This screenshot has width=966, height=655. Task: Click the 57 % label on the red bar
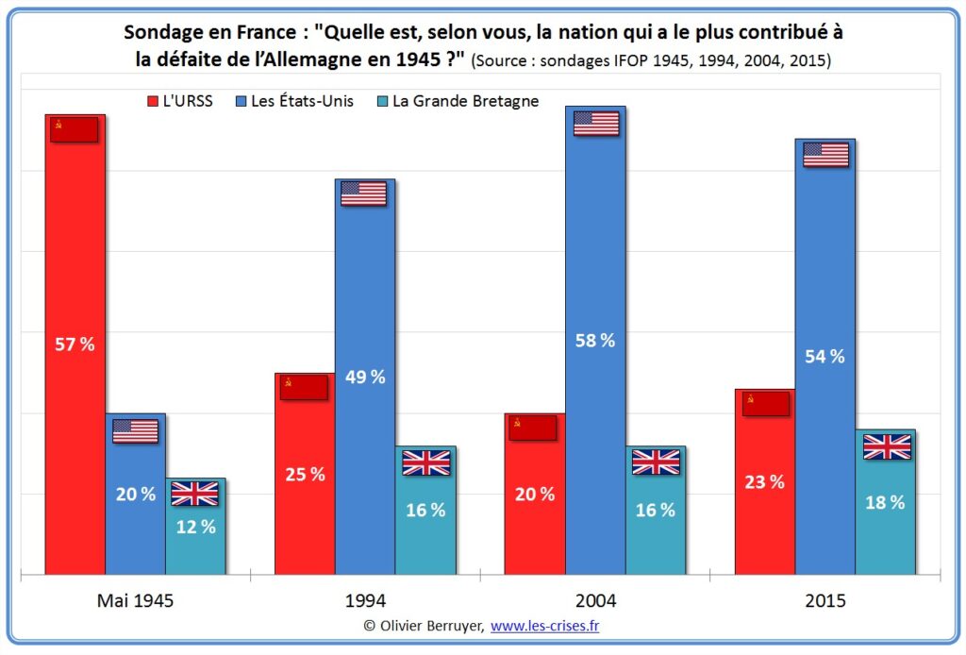(x=75, y=344)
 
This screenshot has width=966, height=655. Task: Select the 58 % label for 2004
(x=594, y=341)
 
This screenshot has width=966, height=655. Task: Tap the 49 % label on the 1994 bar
(x=365, y=377)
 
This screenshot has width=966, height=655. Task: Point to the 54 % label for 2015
(x=824, y=357)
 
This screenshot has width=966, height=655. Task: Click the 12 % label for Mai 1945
(x=195, y=527)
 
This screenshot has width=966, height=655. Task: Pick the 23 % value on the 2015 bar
(x=764, y=481)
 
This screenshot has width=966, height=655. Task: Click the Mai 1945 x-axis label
(x=135, y=600)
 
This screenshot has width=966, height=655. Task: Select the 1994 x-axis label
(x=365, y=600)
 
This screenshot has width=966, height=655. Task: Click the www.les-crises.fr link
(x=544, y=625)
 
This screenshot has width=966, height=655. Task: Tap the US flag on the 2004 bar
(x=595, y=124)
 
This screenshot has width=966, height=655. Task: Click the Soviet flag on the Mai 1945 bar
(x=75, y=130)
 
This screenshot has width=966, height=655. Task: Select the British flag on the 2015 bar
(x=887, y=446)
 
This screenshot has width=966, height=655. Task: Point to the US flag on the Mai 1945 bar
(x=135, y=431)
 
